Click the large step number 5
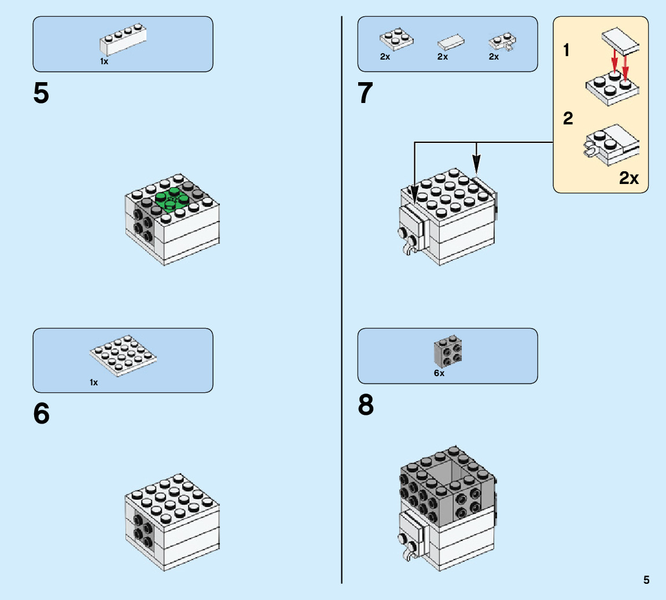41,94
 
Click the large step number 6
41,414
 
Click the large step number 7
365,94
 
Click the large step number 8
366,406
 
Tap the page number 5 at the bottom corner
646,580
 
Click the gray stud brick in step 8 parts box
448,351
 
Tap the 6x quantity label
439,373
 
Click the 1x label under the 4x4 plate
94,382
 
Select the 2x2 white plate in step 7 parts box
396,38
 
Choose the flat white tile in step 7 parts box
451,41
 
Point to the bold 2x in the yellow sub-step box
629,178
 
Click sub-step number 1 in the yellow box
567,51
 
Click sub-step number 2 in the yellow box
568,119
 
